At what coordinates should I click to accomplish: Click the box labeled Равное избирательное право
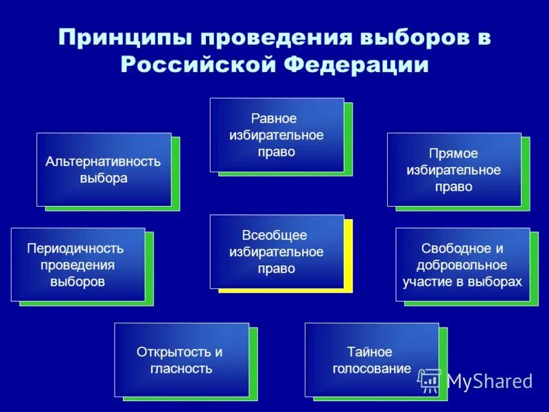(x=277, y=135)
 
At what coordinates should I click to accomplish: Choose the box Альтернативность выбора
(x=104, y=170)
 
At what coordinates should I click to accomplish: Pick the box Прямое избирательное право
(x=454, y=170)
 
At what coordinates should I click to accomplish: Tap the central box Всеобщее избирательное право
(x=277, y=251)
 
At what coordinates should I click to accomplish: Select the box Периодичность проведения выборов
(x=78, y=264)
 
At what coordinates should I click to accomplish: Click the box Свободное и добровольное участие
(x=463, y=264)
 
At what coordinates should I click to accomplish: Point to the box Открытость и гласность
(x=181, y=359)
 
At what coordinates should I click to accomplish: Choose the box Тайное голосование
(x=371, y=359)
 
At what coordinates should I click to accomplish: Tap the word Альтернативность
(x=104, y=162)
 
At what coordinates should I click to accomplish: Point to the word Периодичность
(x=75, y=248)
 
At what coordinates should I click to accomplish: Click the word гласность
(x=181, y=369)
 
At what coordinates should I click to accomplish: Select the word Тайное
(x=369, y=352)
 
